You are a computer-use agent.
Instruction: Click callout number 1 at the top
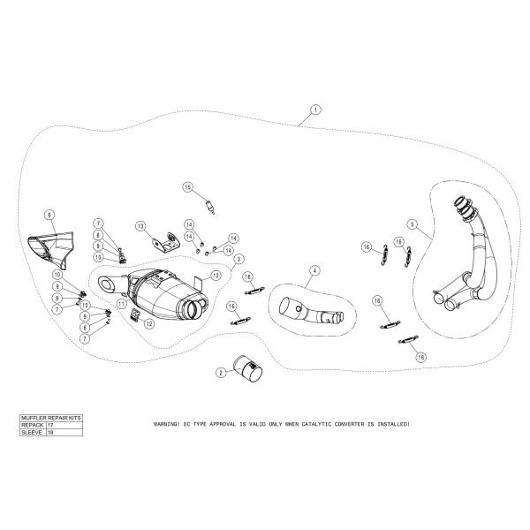point(315,110)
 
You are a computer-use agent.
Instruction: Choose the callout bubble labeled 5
point(413,225)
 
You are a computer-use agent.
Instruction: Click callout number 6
point(49,215)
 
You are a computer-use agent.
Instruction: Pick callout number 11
point(121,302)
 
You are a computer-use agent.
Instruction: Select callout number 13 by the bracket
point(140,227)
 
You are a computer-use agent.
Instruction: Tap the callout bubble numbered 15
point(187,186)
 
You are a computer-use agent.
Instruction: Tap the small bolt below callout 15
point(210,208)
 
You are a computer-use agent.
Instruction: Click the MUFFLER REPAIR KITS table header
point(51,416)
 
